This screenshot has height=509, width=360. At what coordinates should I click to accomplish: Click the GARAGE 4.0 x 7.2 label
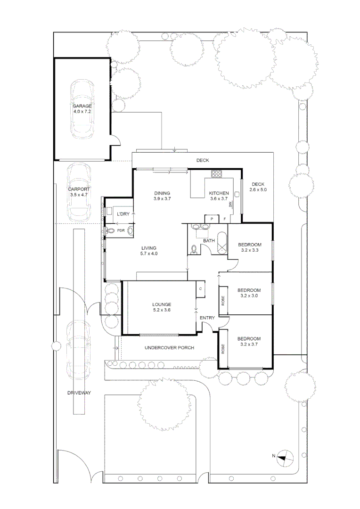(82, 109)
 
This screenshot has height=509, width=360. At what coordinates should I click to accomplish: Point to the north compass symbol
(284, 456)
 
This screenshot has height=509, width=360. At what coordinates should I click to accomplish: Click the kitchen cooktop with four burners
(217, 174)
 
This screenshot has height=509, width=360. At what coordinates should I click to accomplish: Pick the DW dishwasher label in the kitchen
(230, 205)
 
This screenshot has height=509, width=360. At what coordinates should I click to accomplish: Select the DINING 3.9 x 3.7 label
(162, 196)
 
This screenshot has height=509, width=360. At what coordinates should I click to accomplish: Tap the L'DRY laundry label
(123, 214)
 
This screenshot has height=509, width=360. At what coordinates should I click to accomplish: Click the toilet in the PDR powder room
(111, 230)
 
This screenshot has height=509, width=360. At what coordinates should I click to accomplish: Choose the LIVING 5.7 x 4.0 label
(148, 251)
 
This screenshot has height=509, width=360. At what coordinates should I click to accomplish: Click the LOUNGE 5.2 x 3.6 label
(161, 307)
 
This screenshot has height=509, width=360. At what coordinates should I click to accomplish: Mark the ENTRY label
(207, 318)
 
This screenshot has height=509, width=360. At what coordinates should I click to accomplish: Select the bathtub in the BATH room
(221, 244)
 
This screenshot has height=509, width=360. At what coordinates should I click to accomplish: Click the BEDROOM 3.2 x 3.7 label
(249, 342)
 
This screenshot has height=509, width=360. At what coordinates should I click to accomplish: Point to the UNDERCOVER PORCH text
(169, 348)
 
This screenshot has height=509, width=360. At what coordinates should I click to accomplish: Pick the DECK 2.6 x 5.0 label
(259, 187)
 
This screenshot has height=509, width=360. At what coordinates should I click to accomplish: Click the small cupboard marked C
(200, 288)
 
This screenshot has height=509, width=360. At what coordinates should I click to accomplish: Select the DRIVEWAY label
(78, 392)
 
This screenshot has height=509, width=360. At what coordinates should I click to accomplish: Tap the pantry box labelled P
(212, 219)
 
